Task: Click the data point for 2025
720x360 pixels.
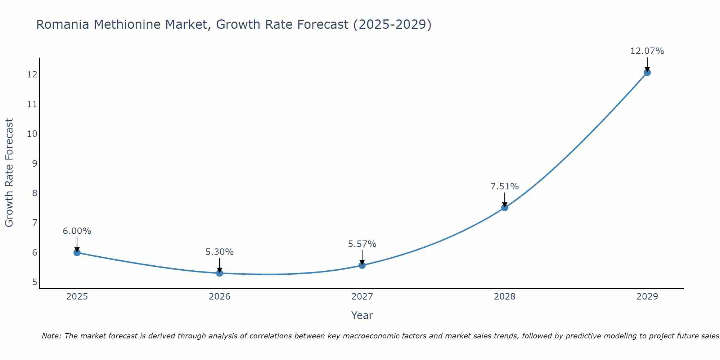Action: [x=77, y=252]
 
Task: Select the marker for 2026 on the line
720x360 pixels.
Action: [x=220, y=273]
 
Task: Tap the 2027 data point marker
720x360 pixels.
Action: [x=362, y=265]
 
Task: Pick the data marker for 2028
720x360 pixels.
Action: [x=505, y=208]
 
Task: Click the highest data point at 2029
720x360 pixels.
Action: [x=647, y=72]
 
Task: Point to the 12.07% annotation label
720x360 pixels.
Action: [x=647, y=51]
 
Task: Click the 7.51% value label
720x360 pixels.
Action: [x=504, y=186]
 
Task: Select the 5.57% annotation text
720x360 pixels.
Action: [x=362, y=244]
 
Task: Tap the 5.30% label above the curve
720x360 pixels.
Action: [x=219, y=252]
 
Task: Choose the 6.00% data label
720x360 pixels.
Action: [x=77, y=231]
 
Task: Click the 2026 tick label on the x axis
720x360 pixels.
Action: [x=220, y=297]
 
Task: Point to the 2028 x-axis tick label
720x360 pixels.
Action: [x=505, y=297]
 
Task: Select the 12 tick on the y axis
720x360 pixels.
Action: [x=32, y=75]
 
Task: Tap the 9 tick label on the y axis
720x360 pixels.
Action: [x=35, y=163]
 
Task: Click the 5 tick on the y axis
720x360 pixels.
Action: [x=35, y=282]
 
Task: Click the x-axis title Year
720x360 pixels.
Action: [x=362, y=315]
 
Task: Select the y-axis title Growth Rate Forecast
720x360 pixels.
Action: [x=9, y=172]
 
